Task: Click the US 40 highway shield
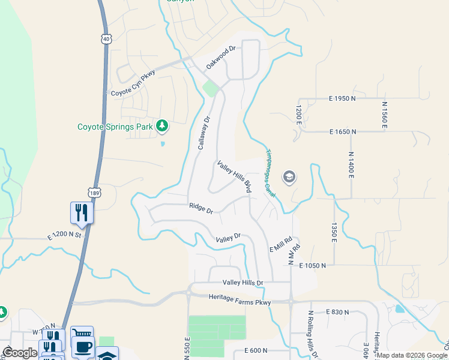pos(106,39)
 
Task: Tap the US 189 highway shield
pos(95,193)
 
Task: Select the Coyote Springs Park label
pos(115,127)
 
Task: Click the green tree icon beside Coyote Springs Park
pos(161,126)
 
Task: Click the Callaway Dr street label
pos(205,134)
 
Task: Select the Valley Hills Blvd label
pos(234,176)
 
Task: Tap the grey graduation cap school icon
pos(289,176)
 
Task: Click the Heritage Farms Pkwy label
pos(240,297)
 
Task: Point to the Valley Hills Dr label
pos(243,282)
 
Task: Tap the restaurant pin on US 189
pos(81,212)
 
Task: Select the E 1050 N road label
pos(315,265)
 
